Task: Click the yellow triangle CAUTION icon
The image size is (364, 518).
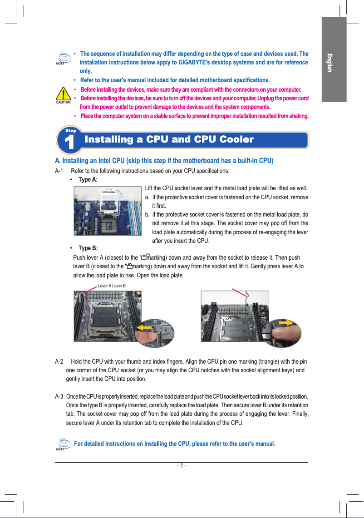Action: point(63,94)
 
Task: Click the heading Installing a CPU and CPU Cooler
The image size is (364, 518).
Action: point(169,139)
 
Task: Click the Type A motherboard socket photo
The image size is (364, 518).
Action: point(108,210)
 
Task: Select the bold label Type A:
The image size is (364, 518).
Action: point(88,180)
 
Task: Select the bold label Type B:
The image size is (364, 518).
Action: point(88,248)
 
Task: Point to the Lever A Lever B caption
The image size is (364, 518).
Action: point(112,286)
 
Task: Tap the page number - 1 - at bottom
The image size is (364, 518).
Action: point(182,466)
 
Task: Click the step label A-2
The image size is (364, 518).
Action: point(59,362)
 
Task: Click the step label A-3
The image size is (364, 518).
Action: point(59,396)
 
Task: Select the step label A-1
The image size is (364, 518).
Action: point(59,171)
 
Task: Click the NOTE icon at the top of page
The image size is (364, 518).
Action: point(60,58)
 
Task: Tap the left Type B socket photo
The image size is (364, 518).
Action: point(108,316)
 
